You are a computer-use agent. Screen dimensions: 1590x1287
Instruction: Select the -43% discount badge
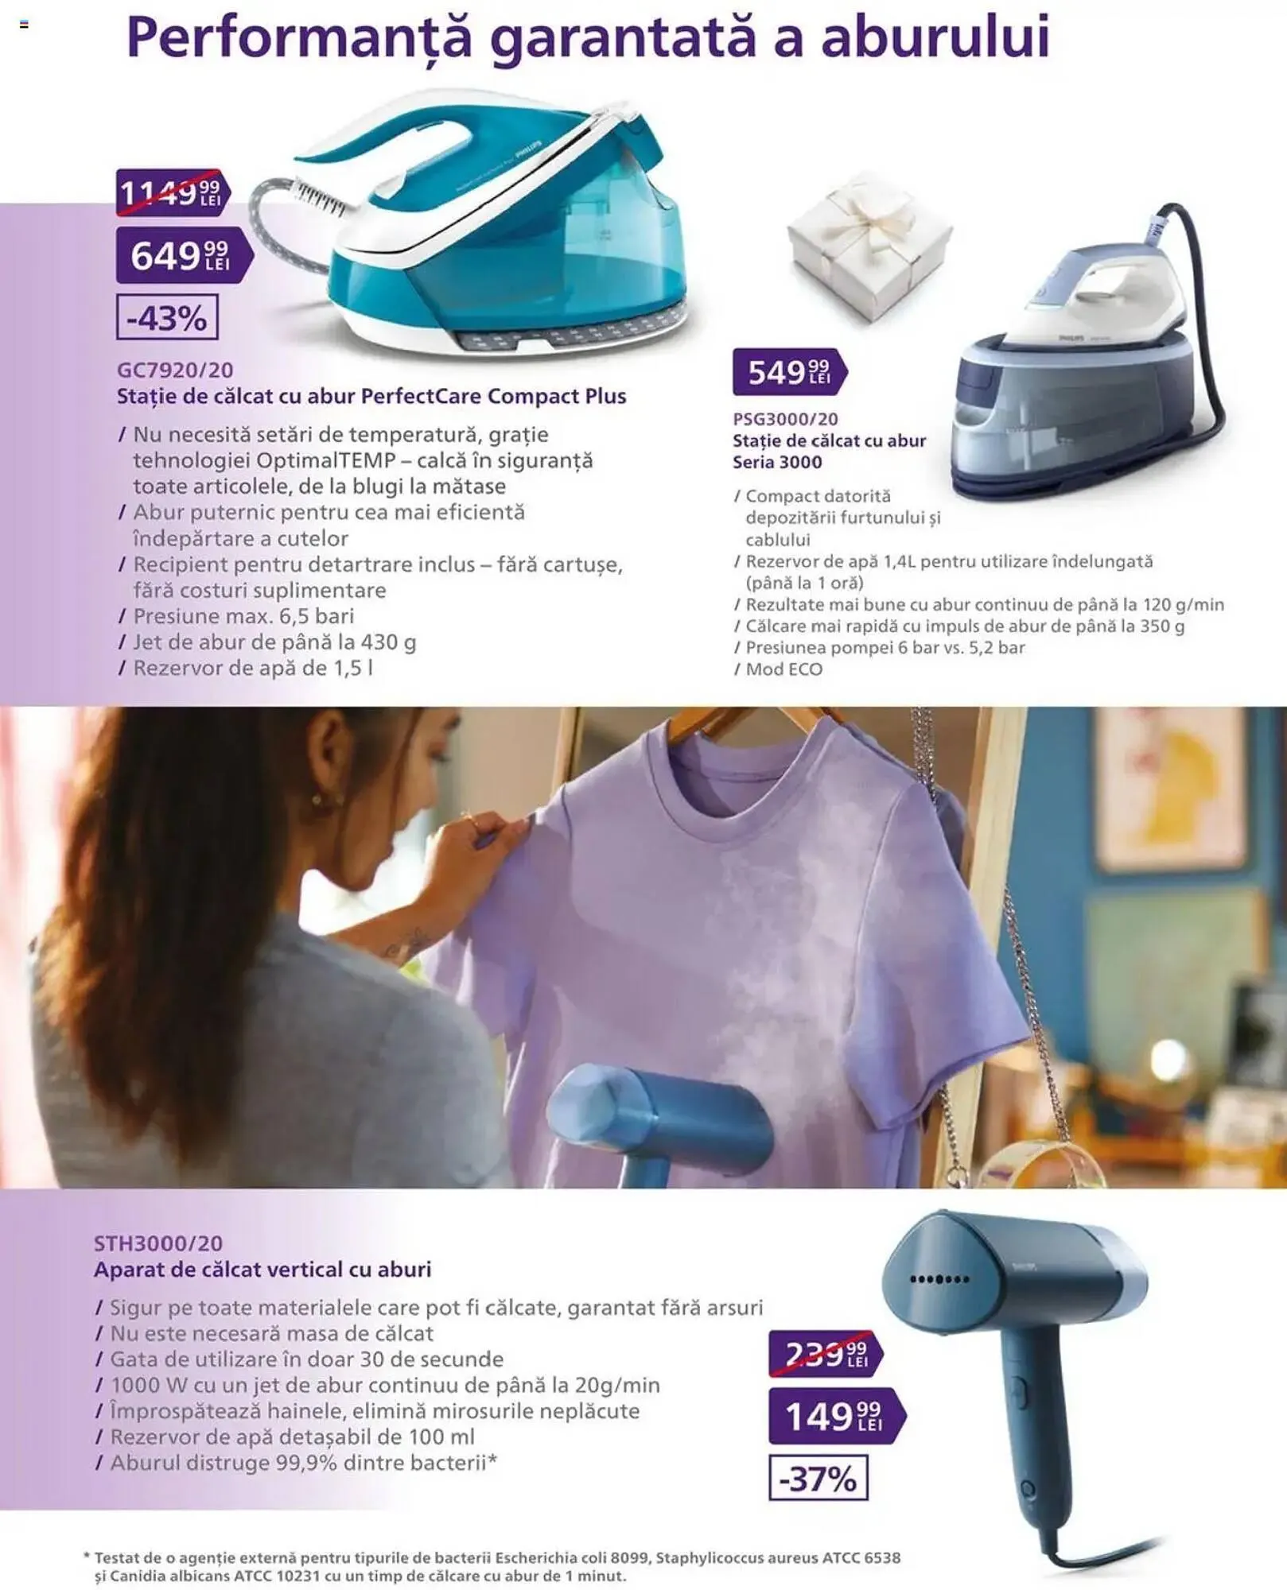[x=167, y=317]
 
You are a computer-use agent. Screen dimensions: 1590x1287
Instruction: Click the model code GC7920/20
[x=175, y=370]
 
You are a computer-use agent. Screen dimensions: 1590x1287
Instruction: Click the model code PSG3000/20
[x=785, y=419]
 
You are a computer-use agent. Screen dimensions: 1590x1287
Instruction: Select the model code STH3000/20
[x=158, y=1243]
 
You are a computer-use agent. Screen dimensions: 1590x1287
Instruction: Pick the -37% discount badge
[x=818, y=1478]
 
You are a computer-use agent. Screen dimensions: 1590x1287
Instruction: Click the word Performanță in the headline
[x=299, y=38]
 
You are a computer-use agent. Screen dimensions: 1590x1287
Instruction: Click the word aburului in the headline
[x=935, y=38]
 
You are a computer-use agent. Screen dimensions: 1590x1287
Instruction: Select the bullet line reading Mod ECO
[x=783, y=669]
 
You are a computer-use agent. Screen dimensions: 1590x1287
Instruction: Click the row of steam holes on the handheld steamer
[x=939, y=1279]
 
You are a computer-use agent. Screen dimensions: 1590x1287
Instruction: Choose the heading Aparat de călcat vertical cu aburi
[x=262, y=1270]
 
